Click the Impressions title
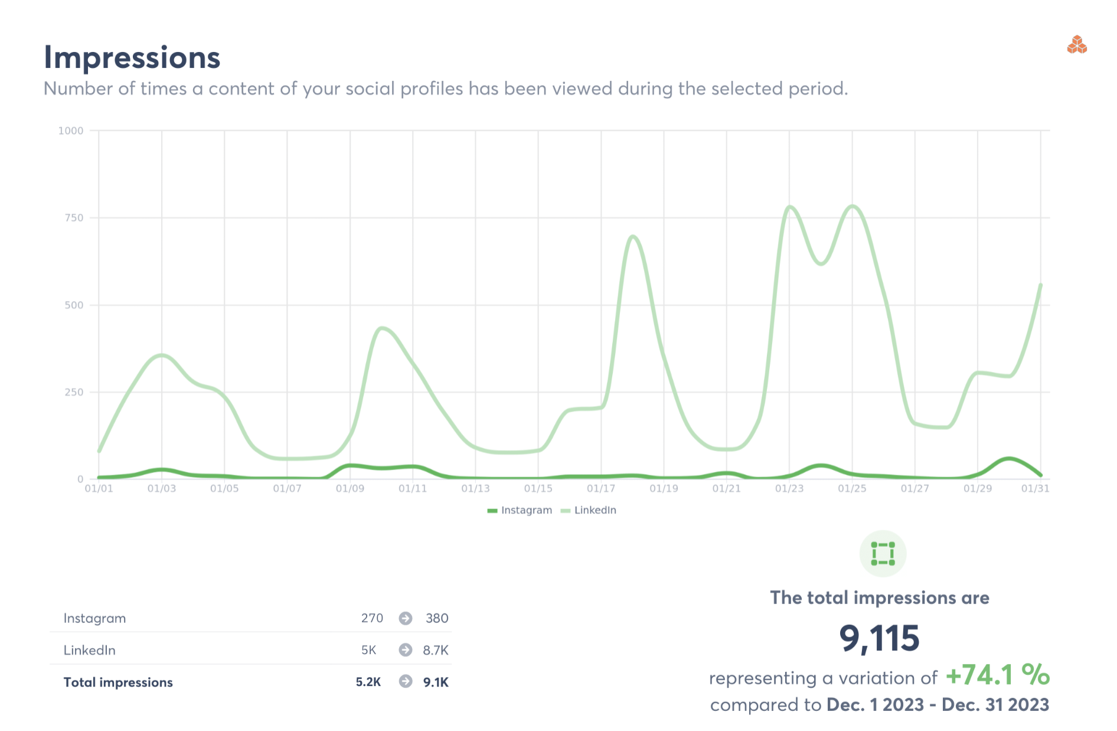click(x=132, y=58)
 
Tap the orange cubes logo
click(x=1077, y=45)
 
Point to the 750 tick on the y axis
click(x=74, y=218)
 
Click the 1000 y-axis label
click(x=71, y=130)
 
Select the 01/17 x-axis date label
click(x=600, y=488)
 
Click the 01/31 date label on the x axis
click(x=1035, y=488)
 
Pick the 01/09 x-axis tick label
click(x=350, y=488)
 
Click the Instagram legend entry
click(x=520, y=510)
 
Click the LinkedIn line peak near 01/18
click(x=633, y=237)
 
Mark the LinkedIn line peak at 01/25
click(x=852, y=206)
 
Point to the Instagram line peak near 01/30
click(x=1009, y=458)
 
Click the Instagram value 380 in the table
click(x=437, y=618)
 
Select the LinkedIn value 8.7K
click(x=436, y=650)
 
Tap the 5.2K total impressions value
click(x=368, y=682)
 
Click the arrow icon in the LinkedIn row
click(x=406, y=650)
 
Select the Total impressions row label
click(x=118, y=682)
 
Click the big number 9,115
click(x=879, y=638)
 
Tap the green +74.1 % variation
click(x=997, y=675)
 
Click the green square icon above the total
click(x=883, y=554)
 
